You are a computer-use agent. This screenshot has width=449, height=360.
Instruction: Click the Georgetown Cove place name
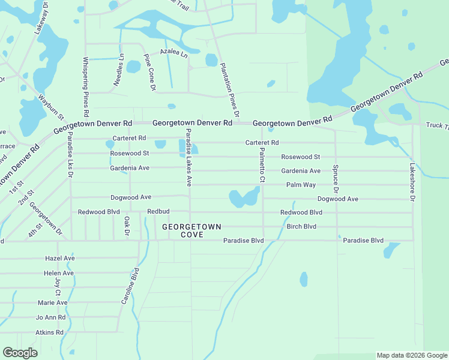point(191,230)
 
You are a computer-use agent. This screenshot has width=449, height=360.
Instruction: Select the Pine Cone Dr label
point(149,73)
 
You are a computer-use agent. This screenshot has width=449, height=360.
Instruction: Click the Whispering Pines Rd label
point(86,86)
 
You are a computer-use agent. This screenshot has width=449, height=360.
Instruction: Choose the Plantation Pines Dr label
point(230,90)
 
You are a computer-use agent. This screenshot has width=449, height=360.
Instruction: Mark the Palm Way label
point(301,185)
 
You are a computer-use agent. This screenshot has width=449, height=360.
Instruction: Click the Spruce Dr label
point(336,179)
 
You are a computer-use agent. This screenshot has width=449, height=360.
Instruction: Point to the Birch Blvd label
point(301,227)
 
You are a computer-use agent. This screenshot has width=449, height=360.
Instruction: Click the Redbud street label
point(159,212)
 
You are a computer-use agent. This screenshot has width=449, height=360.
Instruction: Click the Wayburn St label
point(50,106)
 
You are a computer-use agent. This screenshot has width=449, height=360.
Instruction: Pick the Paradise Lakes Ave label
point(188,157)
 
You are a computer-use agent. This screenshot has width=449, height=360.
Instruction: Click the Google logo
point(20,353)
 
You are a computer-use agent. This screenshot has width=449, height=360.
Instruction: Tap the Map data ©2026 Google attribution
point(412,355)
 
